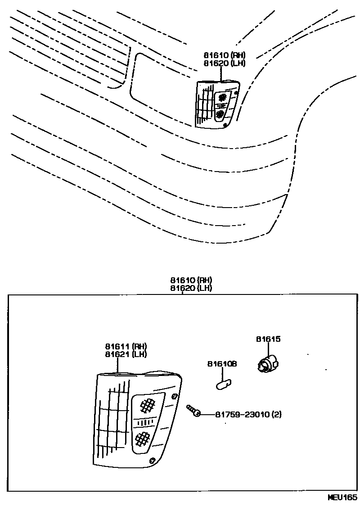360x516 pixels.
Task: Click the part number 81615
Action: (x=268, y=339)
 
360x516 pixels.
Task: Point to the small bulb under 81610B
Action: (x=223, y=384)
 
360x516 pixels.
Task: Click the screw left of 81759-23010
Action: (x=193, y=410)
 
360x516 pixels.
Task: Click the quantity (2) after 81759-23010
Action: (x=277, y=414)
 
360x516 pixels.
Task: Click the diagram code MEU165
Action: (x=342, y=498)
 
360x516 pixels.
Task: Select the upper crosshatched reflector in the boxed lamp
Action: (x=147, y=406)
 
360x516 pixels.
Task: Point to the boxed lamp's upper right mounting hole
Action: (x=174, y=396)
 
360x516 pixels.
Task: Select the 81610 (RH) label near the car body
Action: (x=224, y=55)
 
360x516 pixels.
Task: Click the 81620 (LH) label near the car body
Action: (x=224, y=63)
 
